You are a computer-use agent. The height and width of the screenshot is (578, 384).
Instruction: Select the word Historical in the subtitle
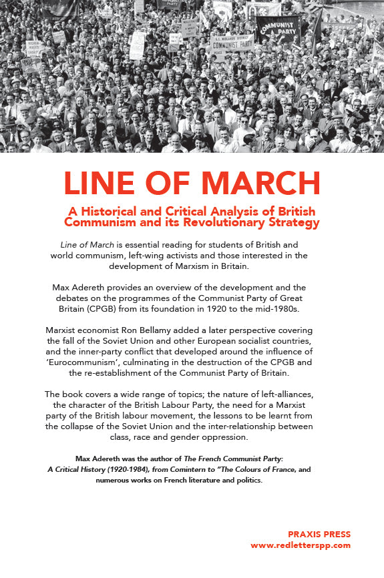point(114,212)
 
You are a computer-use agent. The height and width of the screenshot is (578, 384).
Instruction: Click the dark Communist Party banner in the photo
point(278,29)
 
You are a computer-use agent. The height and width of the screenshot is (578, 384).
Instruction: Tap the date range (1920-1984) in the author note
point(134,469)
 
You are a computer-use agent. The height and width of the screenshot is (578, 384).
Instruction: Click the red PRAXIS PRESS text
point(319,534)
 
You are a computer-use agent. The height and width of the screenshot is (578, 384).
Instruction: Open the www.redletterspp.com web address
point(300,545)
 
